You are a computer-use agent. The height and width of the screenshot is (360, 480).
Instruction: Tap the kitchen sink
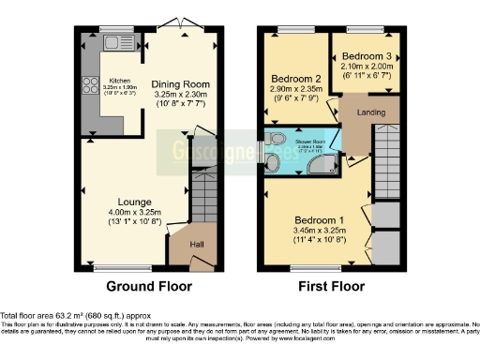tap(118, 43)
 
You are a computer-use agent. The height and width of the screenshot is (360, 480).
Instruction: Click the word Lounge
tap(135, 202)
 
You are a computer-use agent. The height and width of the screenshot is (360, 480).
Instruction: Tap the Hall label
tap(198, 246)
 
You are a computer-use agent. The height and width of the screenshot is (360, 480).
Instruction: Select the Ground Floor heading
tap(148, 286)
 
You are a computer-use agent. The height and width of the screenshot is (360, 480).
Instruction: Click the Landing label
tap(368, 115)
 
